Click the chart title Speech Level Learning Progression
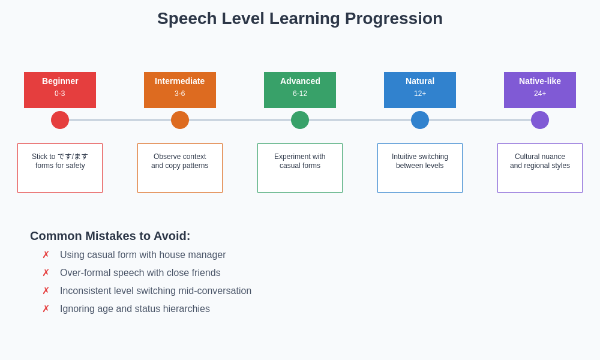tap(300, 19)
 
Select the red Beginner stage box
tap(60, 90)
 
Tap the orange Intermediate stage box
tap(180, 90)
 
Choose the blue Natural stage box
tap(420, 90)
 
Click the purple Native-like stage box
tap(540, 90)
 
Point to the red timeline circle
tap(60, 120)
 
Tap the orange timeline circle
tap(180, 120)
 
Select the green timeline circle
tap(300, 120)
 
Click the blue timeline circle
tap(420, 120)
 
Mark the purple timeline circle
tap(540, 120)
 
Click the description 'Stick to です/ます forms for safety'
tap(60, 161)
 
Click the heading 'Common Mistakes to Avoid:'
tap(110, 236)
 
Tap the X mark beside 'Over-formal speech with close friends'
tap(46, 273)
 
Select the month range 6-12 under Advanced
tap(300, 94)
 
